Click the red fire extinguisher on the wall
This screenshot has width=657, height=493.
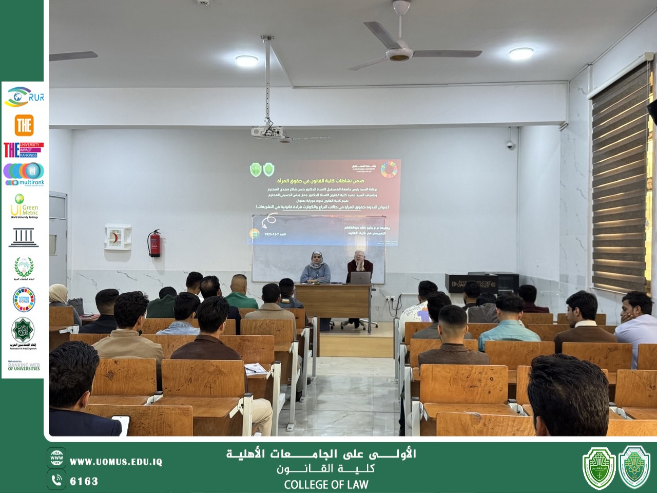tap(154, 243)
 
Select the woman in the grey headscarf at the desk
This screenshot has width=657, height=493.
tap(315, 268)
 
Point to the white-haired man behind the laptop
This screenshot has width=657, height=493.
tap(359, 264)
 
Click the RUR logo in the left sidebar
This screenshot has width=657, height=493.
tap(24, 97)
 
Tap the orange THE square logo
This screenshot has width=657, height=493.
tap(24, 125)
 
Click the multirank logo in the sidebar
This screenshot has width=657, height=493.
tap(24, 174)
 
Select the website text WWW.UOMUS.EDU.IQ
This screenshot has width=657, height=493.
tap(115, 462)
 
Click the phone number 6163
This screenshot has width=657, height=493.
tap(84, 481)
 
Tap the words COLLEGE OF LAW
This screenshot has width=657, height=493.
tap(326, 484)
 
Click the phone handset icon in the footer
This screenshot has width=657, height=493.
tap(56, 480)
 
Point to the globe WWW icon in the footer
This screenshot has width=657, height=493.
tap(56, 457)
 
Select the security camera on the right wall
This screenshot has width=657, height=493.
tap(511, 145)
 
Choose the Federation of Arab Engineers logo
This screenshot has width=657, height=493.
tap(24, 333)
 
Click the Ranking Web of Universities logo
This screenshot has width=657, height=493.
tap(24, 366)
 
